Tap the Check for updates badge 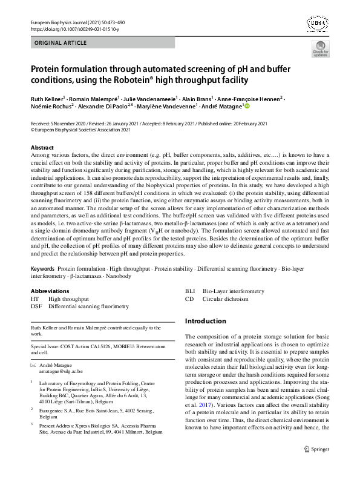tap(320, 51)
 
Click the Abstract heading tap(42, 148)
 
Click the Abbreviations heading tap(50, 291)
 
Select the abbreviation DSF tap(36, 306)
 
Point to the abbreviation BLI tap(190, 291)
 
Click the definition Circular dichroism tap(225, 299)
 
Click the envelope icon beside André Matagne tap(33, 365)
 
